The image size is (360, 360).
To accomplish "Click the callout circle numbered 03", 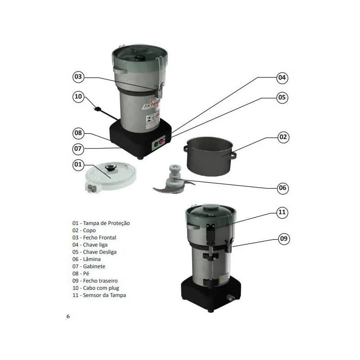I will (79, 77).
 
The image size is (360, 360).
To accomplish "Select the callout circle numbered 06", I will (282, 188).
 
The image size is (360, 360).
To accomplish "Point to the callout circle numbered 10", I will (79, 96).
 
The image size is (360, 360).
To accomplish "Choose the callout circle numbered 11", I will (282, 212).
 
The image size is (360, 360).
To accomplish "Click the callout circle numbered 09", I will (283, 239).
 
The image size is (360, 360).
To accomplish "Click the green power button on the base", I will (156, 144).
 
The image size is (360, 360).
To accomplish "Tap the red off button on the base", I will (162, 142).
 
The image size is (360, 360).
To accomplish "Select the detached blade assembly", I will (173, 180).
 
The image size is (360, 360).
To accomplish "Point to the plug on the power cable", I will (96, 108).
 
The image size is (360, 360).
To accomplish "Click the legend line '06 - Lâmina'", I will (86, 259).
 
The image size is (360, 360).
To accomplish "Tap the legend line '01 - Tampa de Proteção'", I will (101, 223).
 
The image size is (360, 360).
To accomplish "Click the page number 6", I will (68, 316).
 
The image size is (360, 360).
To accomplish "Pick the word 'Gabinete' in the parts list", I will (94, 266).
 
